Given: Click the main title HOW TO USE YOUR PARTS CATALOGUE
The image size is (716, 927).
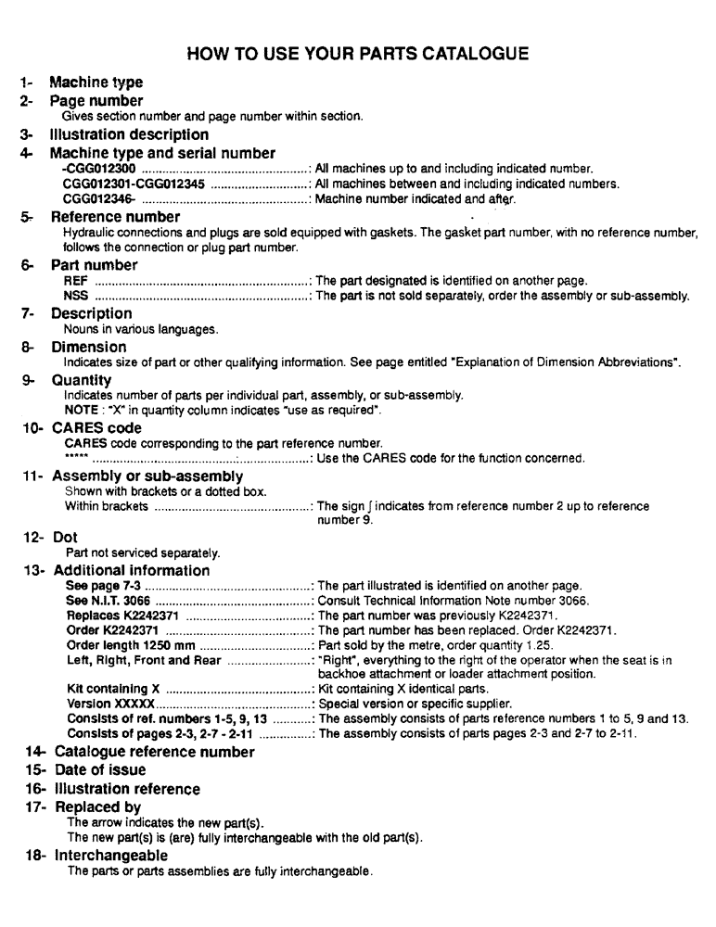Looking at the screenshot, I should pos(358,54).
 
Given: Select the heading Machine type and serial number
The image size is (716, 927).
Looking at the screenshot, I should pos(161,153).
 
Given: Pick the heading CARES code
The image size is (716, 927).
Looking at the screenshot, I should pos(97,428).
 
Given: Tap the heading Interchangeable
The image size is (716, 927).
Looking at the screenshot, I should pos(111,854).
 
